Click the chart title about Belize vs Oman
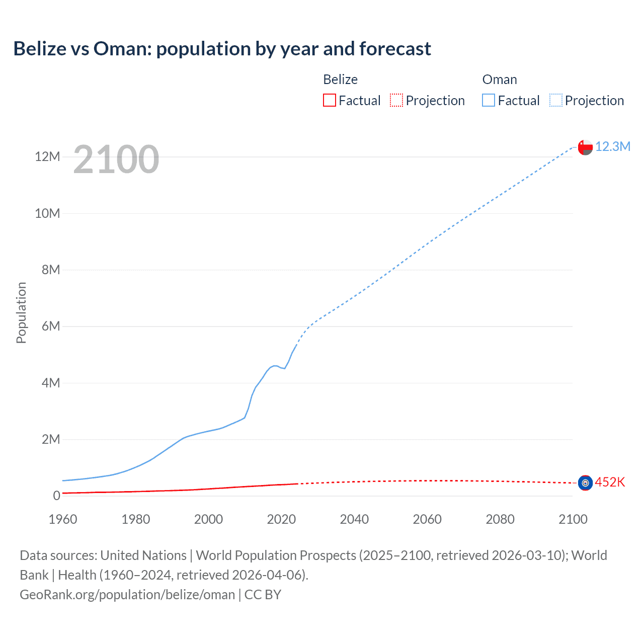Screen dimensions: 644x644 point(222,49)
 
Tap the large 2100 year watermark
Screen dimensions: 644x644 point(116,159)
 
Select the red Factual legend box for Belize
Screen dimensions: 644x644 point(330,100)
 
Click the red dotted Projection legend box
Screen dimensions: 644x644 point(396,100)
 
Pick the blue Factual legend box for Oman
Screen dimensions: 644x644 point(489,100)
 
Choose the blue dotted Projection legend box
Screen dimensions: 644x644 point(556,100)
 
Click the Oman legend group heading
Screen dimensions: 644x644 point(500,79)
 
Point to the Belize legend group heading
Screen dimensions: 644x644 point(340,79)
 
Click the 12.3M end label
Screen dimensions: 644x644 point(612,146)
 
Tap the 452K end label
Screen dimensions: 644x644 point(610,482)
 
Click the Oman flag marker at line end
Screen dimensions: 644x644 point(585,147)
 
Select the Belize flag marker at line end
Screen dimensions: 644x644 point(585,483)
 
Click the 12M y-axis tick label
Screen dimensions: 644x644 point(47,156)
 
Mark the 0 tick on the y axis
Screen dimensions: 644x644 point(56,496)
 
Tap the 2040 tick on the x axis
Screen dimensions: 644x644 point(354,519)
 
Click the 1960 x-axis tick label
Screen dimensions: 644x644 point(63,519)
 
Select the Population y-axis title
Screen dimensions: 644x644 point(21,312)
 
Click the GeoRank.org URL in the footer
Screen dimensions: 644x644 point(127,595)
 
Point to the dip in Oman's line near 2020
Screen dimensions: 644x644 point(284,368)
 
